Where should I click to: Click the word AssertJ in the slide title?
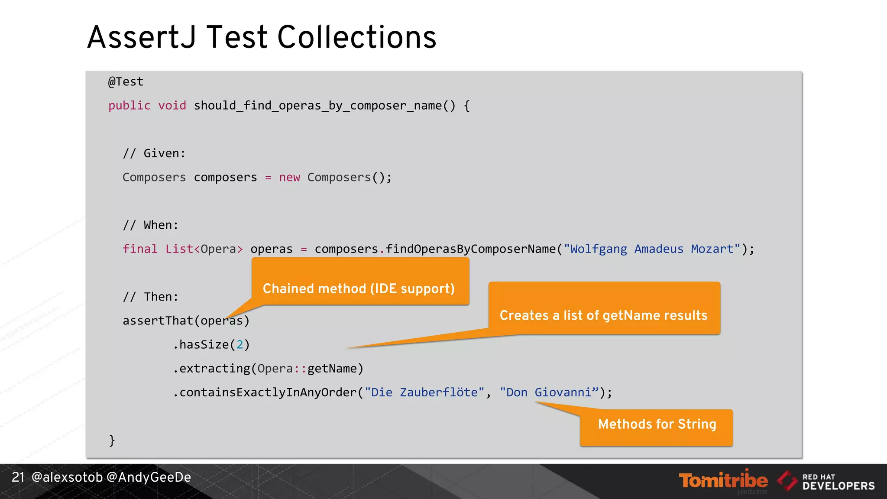142,37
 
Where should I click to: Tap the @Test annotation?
126,82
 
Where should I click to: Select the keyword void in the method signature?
172,106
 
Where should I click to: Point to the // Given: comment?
154,153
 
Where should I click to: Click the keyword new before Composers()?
289,178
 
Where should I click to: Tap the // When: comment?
150,225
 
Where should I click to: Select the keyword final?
139,249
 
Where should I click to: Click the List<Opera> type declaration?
204,249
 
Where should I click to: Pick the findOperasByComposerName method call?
470,249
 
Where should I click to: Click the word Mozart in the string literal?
712,249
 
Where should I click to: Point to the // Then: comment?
150,297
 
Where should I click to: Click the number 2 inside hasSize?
240,345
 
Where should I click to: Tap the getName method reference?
332,369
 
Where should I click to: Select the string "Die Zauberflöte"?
424,392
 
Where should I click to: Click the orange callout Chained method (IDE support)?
359,288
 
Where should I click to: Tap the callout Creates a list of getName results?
604,315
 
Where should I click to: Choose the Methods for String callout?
657,424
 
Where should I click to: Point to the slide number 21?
18,477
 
